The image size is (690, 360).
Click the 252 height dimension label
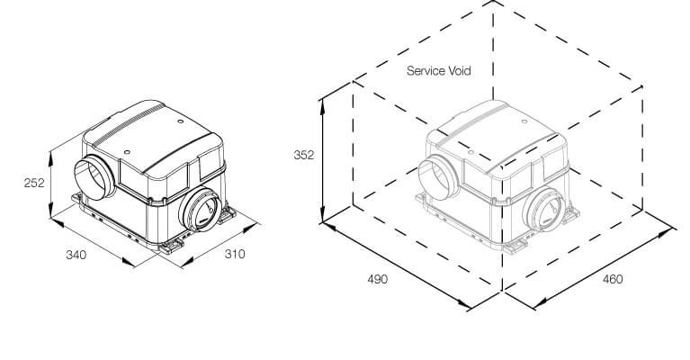tap(34, 182)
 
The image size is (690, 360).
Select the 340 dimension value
tap(76, 255)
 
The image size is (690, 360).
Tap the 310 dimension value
tap(235, 254)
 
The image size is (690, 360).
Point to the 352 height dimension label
tap(304, 155)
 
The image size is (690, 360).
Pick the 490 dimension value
tap(378, 279)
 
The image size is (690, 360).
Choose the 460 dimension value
tap(613, 279)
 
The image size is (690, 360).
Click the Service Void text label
tap(439, 71)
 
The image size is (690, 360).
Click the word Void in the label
tap(460, 71)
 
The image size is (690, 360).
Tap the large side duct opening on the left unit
tap(94, 178)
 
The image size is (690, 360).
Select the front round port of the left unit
tap(201, 210)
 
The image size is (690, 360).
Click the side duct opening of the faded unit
tap(438, 178)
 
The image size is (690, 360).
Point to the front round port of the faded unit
tap(544, 210)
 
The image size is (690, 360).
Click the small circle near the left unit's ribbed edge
tap(181, 121)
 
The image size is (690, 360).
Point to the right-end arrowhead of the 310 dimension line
tap(251, 228)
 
